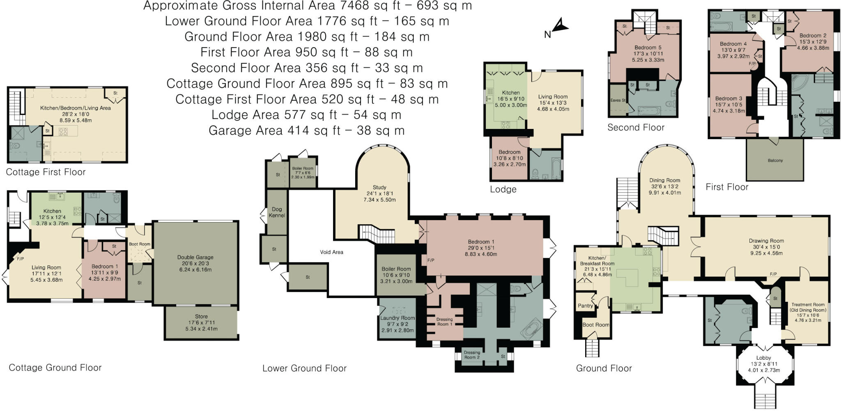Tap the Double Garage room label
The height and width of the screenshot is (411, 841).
(x=195, y=257)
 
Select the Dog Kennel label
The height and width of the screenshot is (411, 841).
(x=277, y=212)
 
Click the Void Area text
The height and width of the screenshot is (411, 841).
(x=331, y=252)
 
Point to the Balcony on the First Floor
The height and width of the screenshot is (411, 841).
(x=775, y=161)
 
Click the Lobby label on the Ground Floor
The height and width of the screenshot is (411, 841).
(x=763, y=358)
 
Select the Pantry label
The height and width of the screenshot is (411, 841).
(x=585, y=306)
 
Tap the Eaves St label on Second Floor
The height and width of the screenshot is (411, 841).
(x=618, y=100)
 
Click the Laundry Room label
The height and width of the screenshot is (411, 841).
(x=398, y=318)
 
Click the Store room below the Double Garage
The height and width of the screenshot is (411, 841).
(x=201, y=317)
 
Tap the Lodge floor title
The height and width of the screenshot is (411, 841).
(x=503, y=190)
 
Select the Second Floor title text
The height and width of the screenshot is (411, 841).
(x=636, y=128)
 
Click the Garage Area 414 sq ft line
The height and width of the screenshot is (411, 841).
(x=306, y=131)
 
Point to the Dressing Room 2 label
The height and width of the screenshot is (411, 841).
(x=472, y=355)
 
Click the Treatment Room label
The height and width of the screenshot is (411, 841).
(x=807, y=305)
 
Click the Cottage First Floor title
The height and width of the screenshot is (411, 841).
(x=46, y=172)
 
